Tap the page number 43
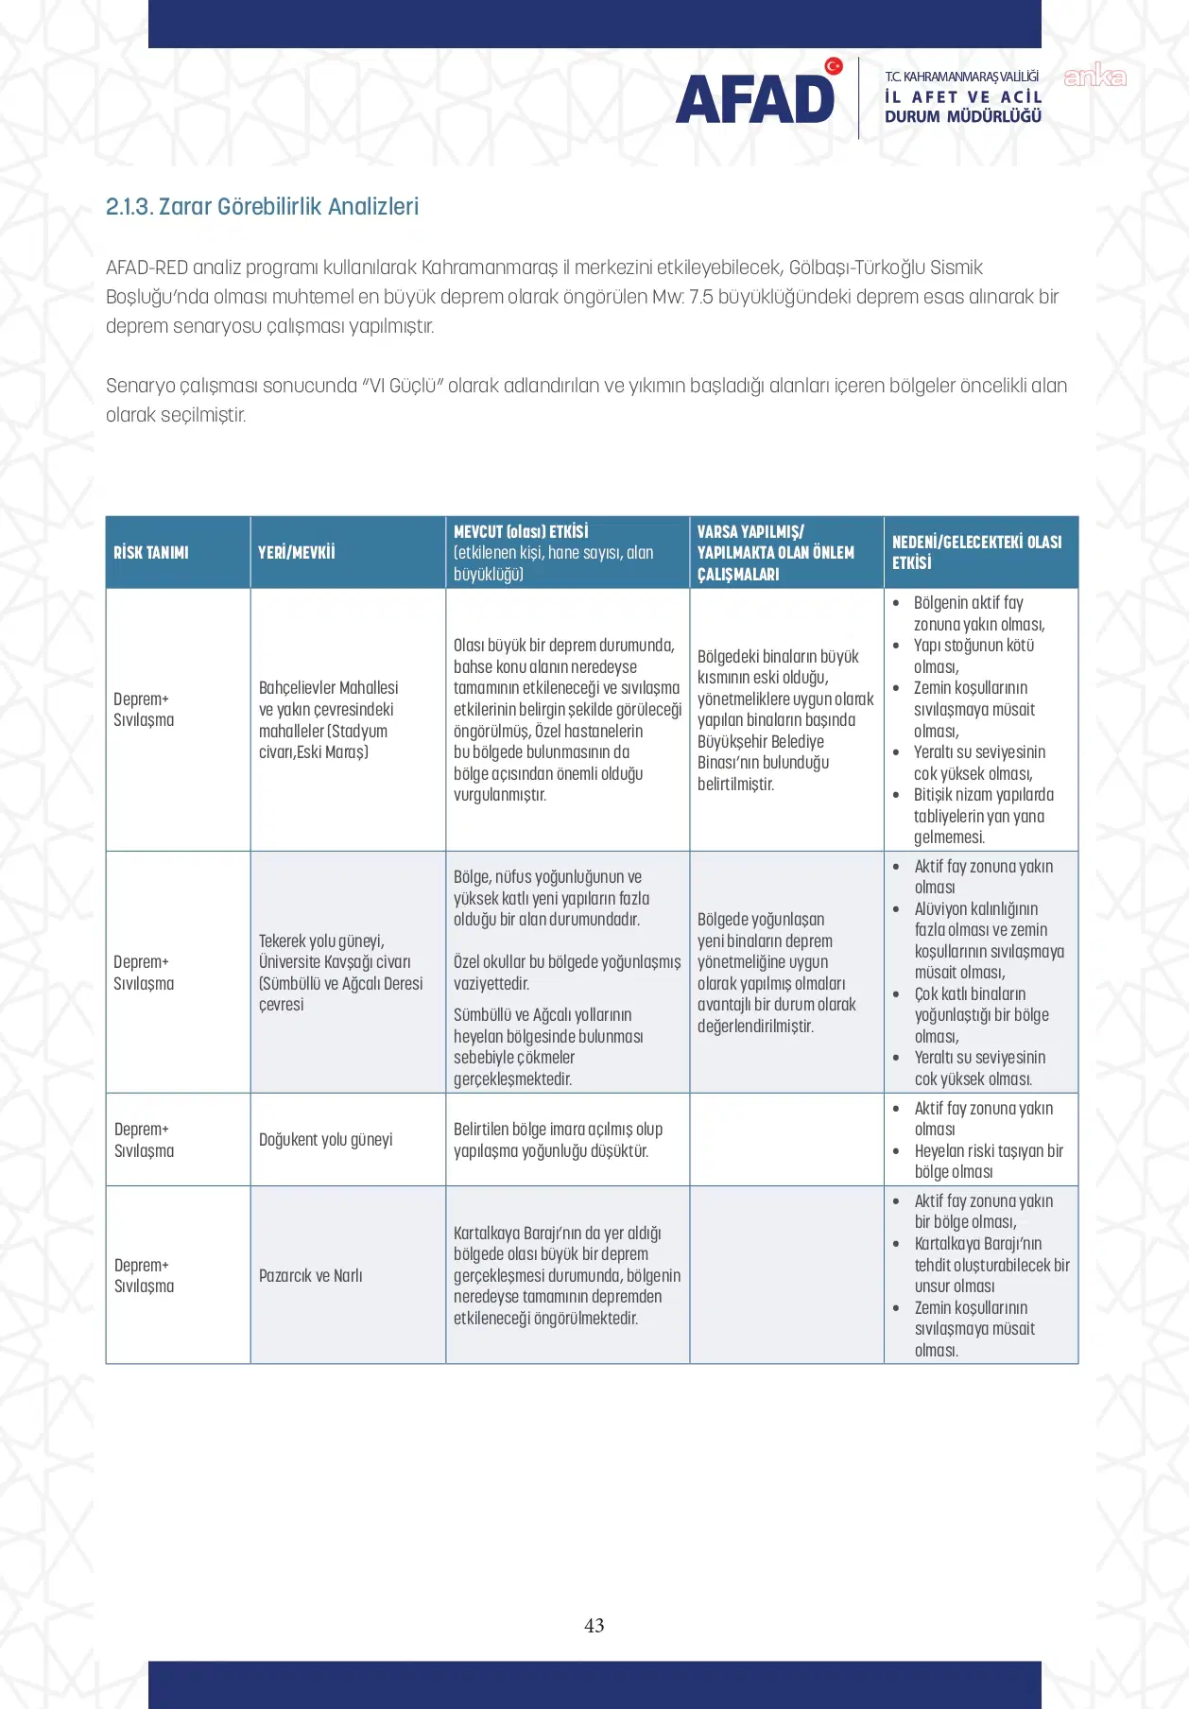pos(594,1625)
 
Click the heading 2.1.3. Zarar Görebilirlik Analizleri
pos(262,206)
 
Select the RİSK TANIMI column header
pos(151,552)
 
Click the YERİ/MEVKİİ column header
pos(297,552)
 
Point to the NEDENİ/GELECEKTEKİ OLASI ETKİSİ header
pos(976,552)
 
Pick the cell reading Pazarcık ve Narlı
pos(310,1275)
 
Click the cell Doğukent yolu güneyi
pos(325,1139)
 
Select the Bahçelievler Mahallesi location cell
pos(328,719)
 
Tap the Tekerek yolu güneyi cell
pos(340,972)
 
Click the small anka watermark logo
pos(1094,76)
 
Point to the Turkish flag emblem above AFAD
pos(833,66)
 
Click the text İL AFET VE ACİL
pos(962,96)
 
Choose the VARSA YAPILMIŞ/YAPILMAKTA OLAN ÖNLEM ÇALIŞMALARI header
pos(776,552)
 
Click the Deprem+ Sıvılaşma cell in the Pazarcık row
pos(144,1275)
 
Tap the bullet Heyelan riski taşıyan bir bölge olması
pos(988,1161)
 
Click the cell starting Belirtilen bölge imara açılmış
pos(558,1140)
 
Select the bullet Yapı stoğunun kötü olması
pos(973,656)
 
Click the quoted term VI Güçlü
pos(403,386)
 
